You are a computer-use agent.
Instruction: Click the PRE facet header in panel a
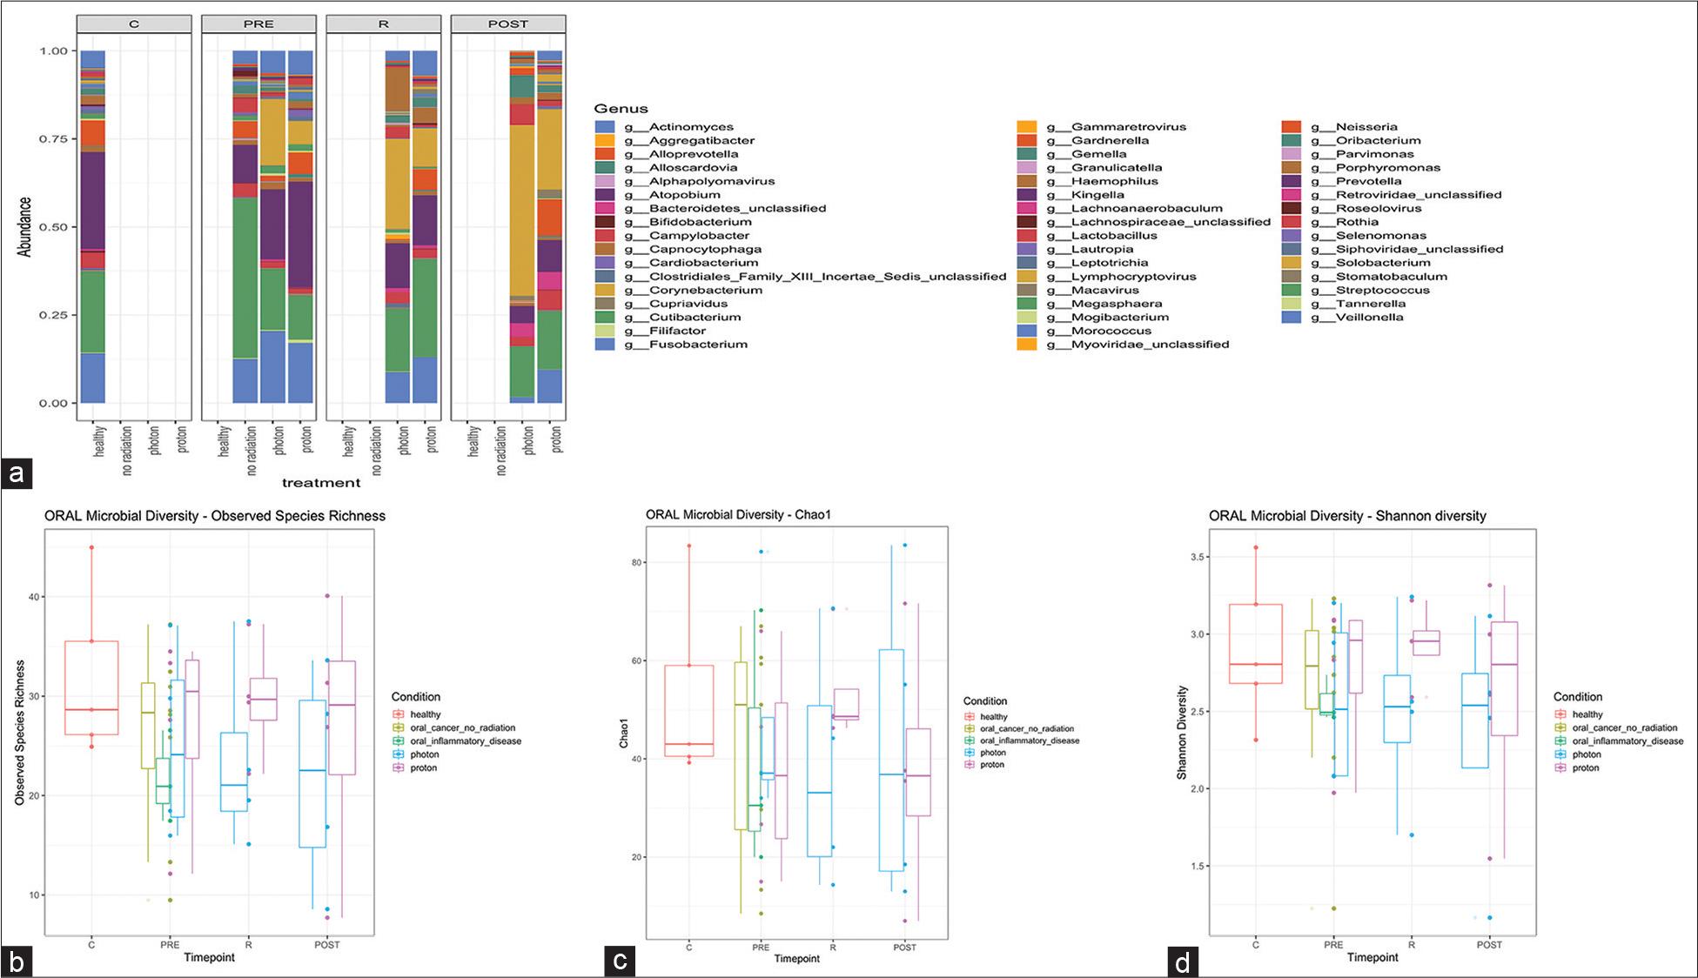258,24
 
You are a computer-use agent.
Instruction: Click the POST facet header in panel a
508,24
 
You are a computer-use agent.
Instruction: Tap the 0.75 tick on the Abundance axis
53,139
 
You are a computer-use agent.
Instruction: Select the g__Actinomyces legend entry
691,127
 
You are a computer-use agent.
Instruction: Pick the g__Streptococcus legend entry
1382,290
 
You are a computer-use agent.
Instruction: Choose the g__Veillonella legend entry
1369,318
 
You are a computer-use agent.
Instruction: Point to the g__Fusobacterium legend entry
698,345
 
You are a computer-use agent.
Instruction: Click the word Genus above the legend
621,109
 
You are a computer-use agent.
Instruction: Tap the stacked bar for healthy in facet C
93,226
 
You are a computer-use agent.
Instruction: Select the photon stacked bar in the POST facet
522,226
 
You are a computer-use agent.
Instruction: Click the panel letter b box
17,961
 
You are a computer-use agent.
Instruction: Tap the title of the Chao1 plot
738,515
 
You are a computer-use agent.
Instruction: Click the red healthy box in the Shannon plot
1255,644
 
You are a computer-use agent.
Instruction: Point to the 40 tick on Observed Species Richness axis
35,597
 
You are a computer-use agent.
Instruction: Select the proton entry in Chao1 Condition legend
992,765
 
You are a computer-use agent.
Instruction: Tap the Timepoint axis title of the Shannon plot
1372,957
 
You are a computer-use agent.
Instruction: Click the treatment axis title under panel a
321,483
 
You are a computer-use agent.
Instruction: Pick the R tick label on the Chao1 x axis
833,948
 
